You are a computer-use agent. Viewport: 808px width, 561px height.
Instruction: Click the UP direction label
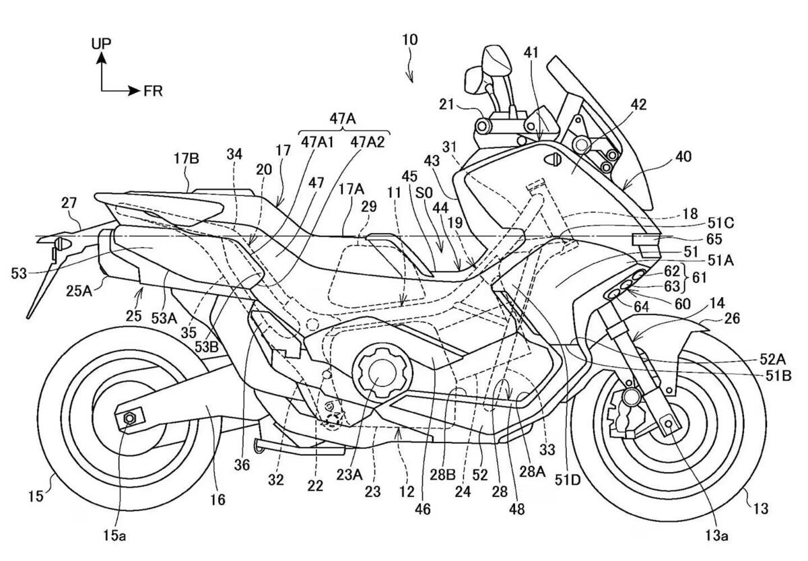coord(102,43)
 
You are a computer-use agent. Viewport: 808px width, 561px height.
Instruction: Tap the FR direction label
coord(153,90)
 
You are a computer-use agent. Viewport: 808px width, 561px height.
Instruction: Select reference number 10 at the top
coord(409,40)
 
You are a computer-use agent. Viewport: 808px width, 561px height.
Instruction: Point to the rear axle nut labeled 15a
coord(129,419)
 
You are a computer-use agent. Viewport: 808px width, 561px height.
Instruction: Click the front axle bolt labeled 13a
coord(669,422)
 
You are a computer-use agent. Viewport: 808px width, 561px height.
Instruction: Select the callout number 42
coord(638,104)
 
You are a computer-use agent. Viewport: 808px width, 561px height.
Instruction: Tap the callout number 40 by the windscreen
coord(683,156)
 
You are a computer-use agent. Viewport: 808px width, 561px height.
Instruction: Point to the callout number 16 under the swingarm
coord(217,500)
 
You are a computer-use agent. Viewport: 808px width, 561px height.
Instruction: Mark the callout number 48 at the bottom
coord(517,510)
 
